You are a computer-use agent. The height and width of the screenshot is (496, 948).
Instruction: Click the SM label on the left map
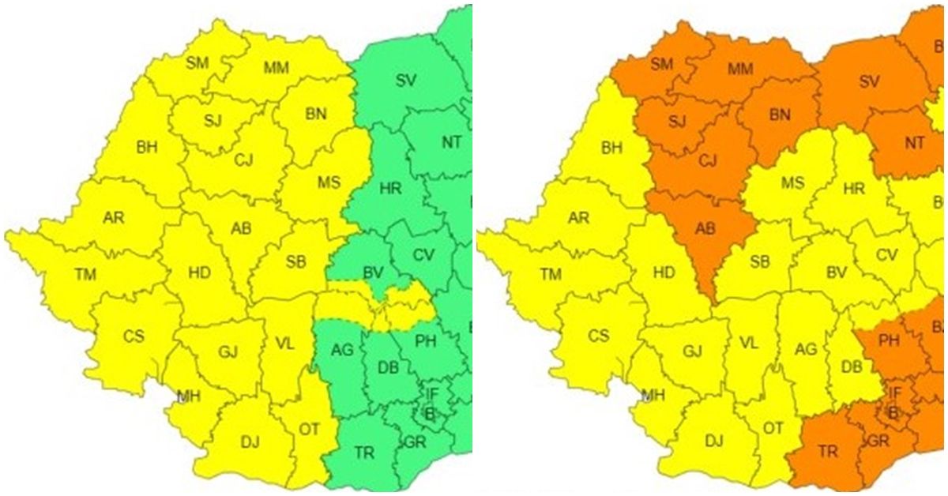coord(197,62)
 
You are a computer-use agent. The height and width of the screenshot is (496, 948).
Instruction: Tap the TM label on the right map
coord(551,274)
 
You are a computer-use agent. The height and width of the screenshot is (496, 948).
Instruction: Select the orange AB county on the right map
coord(705,229)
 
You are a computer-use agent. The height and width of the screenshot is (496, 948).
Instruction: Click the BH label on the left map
coord(147,146)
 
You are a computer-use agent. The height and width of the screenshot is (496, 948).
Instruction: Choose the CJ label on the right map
coord(707,161)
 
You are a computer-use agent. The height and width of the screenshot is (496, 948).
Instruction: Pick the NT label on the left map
coord(451,143)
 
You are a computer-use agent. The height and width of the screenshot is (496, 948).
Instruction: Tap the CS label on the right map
coord(598,336)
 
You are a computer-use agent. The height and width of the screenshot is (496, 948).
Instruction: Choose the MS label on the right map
coord(792,183)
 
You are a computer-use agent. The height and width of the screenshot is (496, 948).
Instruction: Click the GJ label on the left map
coord(228,350)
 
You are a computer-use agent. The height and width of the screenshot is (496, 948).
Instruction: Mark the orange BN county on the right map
coord(779,115)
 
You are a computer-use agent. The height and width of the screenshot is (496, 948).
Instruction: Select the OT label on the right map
coord(773,427)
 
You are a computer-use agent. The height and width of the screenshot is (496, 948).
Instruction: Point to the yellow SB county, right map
coord(759,261)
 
